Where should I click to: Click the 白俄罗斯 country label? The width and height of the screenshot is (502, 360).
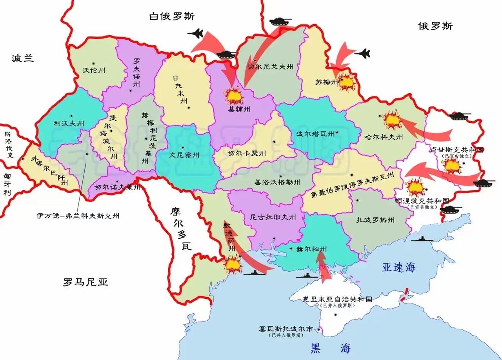click(172, 16)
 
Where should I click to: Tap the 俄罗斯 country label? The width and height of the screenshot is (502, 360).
click(435, 26)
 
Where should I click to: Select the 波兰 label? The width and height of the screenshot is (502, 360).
click(22, 58)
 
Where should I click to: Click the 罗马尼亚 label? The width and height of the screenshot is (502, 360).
click(85, 282)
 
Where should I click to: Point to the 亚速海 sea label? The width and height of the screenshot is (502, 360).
click(398, 268)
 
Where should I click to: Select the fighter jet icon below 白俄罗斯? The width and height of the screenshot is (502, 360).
click(196, 34)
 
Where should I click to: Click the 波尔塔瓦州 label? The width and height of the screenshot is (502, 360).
click(315, 134)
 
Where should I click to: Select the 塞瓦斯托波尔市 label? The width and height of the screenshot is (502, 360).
click(286, 329)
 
